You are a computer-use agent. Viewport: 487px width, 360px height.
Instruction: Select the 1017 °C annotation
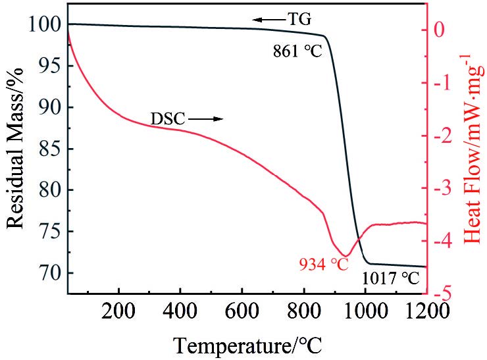click(390, 279)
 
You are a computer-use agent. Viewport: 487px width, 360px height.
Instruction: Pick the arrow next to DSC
click(207, 119)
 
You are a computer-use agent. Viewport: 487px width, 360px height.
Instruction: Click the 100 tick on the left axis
click(45, 24)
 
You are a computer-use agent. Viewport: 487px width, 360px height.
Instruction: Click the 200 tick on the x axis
click(118, 309)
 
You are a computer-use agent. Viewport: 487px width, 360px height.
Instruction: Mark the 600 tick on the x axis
click(242, 309)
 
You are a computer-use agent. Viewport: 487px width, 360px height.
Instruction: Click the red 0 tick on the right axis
click(440, 30)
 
